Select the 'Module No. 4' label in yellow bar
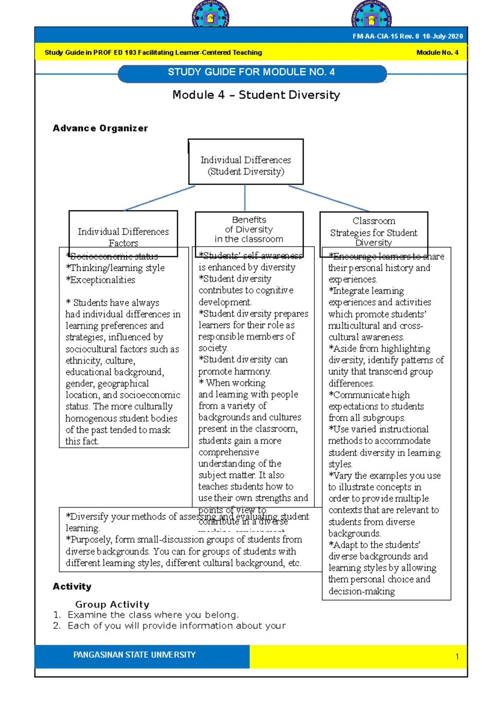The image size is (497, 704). (437, 53)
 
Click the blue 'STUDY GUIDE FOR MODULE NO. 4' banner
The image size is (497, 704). (252, 73)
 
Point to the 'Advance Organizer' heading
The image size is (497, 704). (100, 129)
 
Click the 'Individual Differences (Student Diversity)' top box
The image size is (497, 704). (246, 165)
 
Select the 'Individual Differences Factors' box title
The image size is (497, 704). (123, 236)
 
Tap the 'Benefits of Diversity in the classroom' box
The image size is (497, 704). (249, 230)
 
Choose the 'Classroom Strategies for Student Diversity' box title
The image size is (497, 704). (374, 231)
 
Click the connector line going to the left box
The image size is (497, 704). (159, 198)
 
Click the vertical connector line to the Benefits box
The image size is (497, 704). (245, 198)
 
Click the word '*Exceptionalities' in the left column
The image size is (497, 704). (101, 280)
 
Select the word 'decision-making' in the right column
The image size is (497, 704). (362, 592)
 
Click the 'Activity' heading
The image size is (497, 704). (72, 587)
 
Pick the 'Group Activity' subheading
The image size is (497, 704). (112, 604)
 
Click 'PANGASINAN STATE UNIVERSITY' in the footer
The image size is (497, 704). (135, 655)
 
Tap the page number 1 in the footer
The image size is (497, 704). (457, 657)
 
